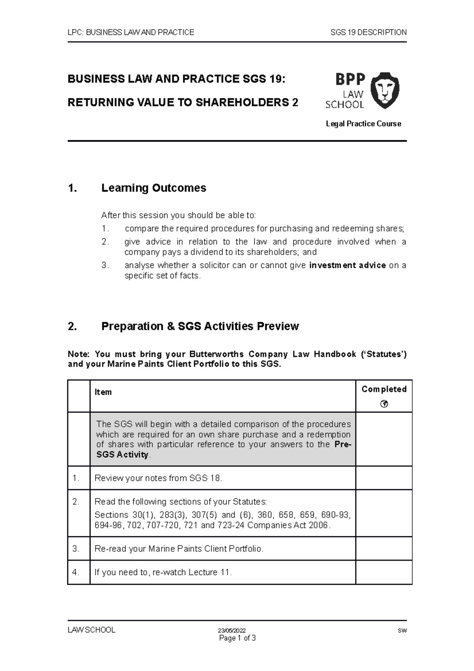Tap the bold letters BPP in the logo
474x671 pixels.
pos(350,79)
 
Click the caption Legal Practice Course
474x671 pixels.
pos(363,124)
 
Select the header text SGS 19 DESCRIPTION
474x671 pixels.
pos(368,32)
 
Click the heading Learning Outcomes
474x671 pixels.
pos(154,188)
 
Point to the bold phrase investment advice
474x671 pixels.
pos(347,265)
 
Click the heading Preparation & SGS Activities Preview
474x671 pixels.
pos(200,326)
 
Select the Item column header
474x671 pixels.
pos(103,392)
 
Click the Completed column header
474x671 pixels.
pos(384,389)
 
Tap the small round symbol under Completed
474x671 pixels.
pos(384,404)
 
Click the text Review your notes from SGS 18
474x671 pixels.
pos(158,478)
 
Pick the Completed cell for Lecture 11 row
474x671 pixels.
pos(384,572)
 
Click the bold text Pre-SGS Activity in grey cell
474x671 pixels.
pos(122,455)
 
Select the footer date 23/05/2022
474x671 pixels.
pos(232,631)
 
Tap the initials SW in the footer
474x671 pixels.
pos(402,631)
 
